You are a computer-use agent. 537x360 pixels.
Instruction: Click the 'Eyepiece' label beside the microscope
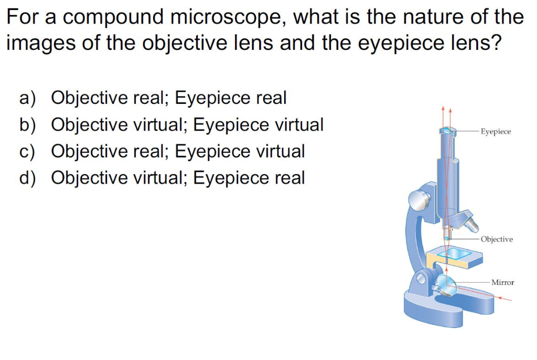[x=496, y=132]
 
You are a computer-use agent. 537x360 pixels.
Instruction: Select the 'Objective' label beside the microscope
[x=497, y=239]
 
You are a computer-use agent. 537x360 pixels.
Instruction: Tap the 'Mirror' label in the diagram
[x=502, y=282]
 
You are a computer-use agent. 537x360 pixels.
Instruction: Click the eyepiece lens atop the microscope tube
[x=447, y=130]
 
